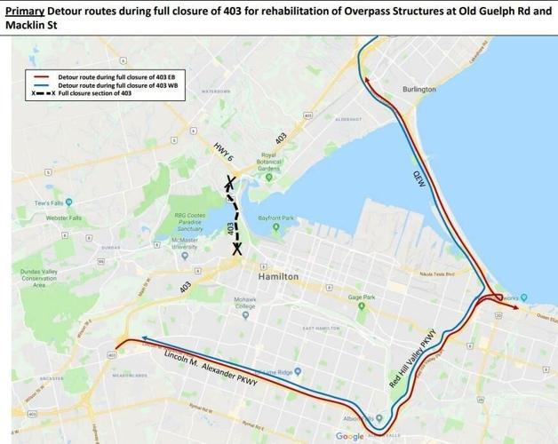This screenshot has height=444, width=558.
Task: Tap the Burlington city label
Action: [418, 90]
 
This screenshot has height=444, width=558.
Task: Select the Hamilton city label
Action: [277, 277]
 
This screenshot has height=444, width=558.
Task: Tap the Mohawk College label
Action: [246, 305]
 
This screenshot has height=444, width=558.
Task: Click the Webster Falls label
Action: [63, 218]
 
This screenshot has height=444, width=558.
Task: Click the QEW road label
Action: [420, 176]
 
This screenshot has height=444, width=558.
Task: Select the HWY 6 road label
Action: [223, 156]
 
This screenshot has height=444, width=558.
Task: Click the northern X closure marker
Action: [229, 184]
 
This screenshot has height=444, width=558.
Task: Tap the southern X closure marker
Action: [238, 250]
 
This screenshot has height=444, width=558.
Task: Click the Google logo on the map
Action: [350, 436]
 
